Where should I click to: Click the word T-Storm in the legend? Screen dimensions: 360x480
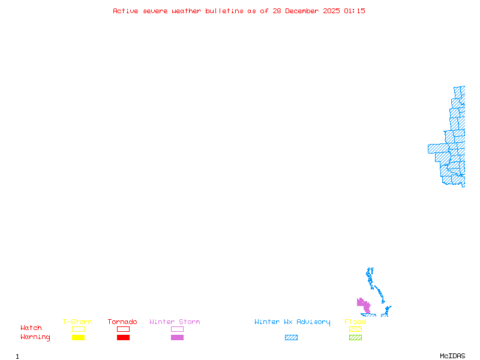pyautogui.click(x=77, y=322)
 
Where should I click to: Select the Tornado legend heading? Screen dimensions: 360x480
pyautogui.click(x=122, y=322)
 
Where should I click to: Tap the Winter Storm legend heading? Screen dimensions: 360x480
pyautogui.click(x=175, y=322)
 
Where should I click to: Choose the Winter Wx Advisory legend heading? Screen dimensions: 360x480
pyautogui.click(x=292, y=322)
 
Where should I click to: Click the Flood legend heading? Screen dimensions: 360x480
pyautogui.click(x=355, y=322)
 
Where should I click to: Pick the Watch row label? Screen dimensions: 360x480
pyautogui.click(x=31, y=328)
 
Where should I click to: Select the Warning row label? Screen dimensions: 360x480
pyautogui.click(x=35, y=337)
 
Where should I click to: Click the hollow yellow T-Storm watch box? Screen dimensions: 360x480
pyautogui.click(x=78, y=329)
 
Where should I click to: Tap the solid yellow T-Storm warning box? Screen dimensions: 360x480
pyautogui.click(x=78, y=338)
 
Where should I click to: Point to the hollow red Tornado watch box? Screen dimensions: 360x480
pyautogui.click(x=123, y=329)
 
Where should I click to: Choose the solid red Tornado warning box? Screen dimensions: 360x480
pyautogui.click(x=123, y=338)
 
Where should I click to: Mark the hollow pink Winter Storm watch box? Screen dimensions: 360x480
pyautogui.click(x=177, y=329)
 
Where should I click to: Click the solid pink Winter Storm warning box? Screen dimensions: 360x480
pyautogui.click(x=177, y=338)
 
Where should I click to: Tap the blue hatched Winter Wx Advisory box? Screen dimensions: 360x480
pyautogui.click(x=291, y=338)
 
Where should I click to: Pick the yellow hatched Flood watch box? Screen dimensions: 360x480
pyautogui.click(x=355, y=329)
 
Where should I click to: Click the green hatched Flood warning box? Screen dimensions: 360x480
pyautogui.click(x=355, y=338)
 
